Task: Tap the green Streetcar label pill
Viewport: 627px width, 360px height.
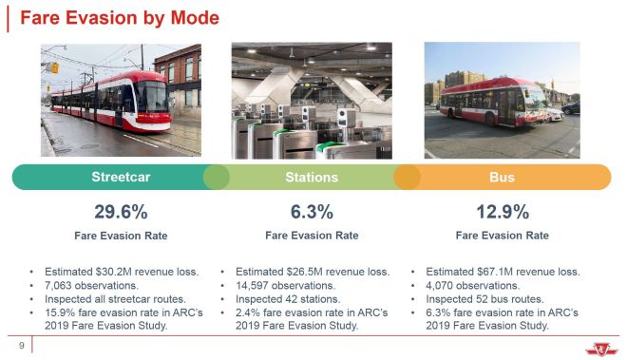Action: [121, 178]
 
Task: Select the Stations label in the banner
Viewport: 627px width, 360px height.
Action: [312, 178]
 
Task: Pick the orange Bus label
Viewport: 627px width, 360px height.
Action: [502, 178]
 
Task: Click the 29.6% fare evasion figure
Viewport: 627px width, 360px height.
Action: [121, 211]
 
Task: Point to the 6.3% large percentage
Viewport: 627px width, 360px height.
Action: [312, 211]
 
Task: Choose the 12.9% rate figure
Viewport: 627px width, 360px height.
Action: [502, 211]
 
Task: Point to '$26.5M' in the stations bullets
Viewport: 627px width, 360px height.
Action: [303, 271]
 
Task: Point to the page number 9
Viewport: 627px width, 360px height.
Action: [21, 345]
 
